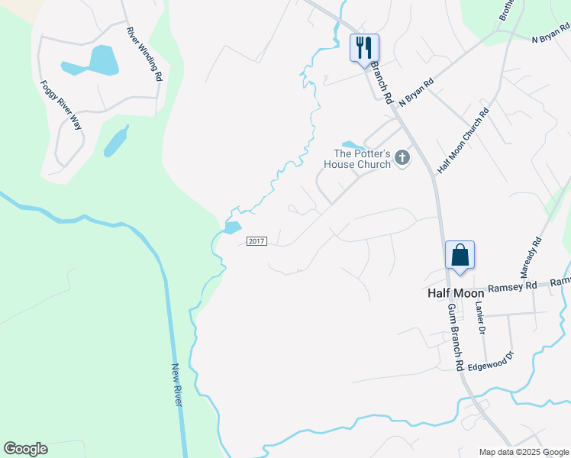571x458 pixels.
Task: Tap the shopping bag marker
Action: coord(460,254)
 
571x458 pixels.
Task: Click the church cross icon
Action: coord(402,158)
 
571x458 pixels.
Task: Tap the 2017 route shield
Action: coord(256,241)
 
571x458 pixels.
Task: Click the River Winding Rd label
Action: coord(145,54)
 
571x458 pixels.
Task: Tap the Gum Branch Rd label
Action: coord(456,337)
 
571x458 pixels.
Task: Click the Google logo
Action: coord(25,449)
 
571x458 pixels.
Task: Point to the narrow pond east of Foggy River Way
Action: coord(115,140)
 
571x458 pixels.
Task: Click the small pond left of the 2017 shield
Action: coord(233,227)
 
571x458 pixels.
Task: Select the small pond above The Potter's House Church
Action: coord(351,145)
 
